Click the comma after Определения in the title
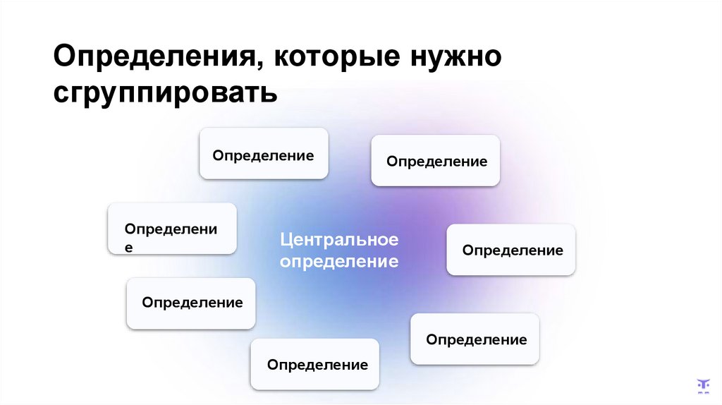[x=257, y=66]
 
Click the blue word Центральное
[x=339, y=240]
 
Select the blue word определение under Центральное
[x=339, y=262]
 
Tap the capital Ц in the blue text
[x=286, y=240]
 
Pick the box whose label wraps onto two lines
[x=172, y=228]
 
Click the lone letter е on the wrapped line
[x=128, y=248]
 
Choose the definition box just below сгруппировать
[x=264, y=153]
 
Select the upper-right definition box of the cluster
[x=436, y=161]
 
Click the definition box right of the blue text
[x=511, y=250]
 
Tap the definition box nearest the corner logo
[x=475, y=339]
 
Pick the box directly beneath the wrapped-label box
[x=191, y=303]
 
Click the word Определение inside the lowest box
[x=317, y=365]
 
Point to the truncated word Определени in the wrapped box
[x=171, y=229]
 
